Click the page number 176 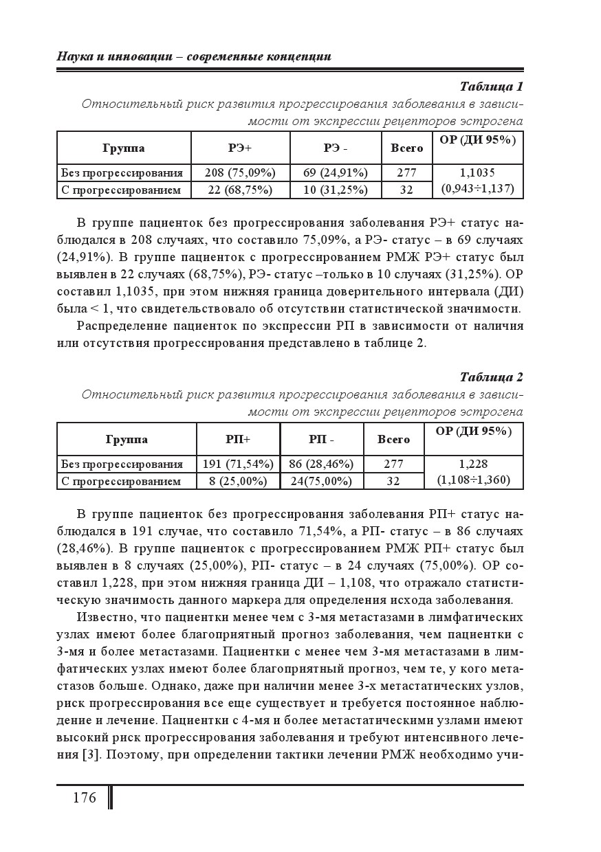point(84,798)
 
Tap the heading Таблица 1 point(491,87)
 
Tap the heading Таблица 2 point(491,377)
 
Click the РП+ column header point(238,439)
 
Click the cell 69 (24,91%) point(336,172)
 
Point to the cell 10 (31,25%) point(336,190)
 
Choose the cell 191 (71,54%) point(238,464)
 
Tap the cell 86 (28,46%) point(321,464)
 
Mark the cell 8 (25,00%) point(238,481)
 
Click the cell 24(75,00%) point(321,481)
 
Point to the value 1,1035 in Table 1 point(477,172)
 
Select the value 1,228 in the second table point(473,464)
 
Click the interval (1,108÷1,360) point(473,480)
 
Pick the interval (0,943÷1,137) point(477,188)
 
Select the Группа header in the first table point(123,148)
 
